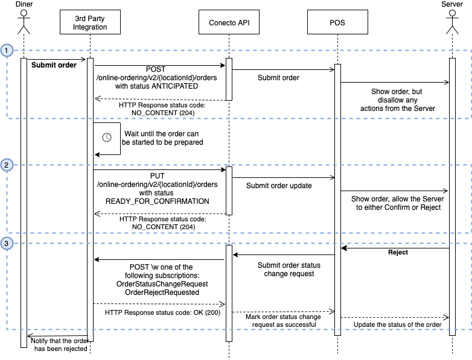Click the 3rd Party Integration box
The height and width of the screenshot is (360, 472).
90,23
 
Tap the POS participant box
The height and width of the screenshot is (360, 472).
337,23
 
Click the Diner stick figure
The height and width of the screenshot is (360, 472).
24,23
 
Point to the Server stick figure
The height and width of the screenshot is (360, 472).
452,23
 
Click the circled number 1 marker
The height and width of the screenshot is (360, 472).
7,51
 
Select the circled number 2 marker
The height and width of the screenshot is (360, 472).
7,165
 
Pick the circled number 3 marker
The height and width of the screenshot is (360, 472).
7,244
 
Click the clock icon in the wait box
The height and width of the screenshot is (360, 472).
107,137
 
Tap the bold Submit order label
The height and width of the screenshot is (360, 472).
54,65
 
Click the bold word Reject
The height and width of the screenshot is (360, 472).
397,252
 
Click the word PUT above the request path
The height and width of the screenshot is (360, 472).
157,175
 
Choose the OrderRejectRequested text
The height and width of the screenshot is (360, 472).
161,292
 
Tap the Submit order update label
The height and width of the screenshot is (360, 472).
279,186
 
